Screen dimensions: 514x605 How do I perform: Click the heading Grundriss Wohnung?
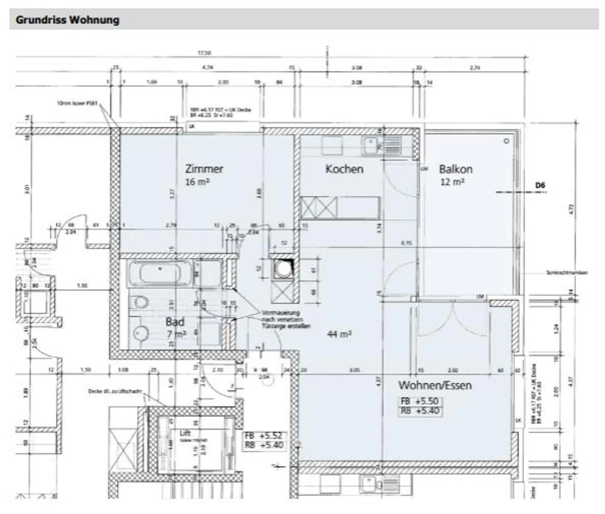coord(67,20)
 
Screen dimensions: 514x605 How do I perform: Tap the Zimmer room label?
coord(204,169)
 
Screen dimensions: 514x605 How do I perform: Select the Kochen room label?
coord(344,169)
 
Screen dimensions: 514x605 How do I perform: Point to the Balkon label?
coord(455,169)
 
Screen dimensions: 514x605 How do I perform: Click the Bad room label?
coord(175,322)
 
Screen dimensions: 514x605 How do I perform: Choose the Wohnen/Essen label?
coord(435,385)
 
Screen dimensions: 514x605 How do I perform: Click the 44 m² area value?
coord(339,334)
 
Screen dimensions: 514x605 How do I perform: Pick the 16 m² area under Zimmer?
coord(197,182)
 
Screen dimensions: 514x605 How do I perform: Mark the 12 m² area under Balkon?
coord(452,182)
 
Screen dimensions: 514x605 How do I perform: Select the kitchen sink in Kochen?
coord(370,146)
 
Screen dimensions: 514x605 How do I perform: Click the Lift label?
coord(185,433)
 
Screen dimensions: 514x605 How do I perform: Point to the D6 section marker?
coord(540,185)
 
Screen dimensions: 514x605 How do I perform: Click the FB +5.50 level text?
coord(420,401)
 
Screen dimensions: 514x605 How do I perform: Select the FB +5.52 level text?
coord(263,436)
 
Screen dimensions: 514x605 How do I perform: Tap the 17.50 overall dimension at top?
coord(204,53)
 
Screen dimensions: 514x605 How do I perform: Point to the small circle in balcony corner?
coord(506,141)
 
